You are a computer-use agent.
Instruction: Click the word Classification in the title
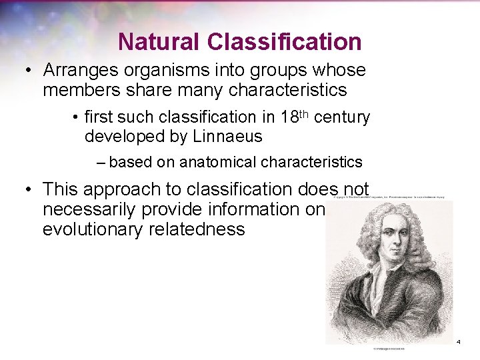coord(285,42)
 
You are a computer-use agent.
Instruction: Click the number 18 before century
coord(290,118)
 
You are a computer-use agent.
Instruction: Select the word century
coord(341,118)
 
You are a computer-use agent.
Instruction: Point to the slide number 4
coord(459,342)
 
